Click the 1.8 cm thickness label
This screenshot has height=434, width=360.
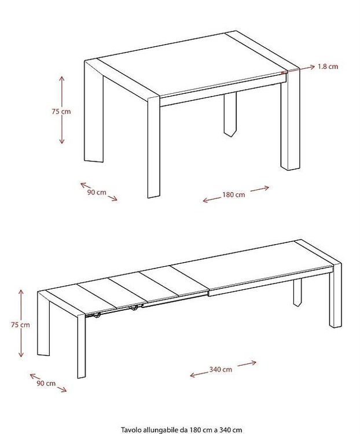coord(328,67)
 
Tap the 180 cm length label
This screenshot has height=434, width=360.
coord(233,194)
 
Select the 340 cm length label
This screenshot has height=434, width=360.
coord(221,369)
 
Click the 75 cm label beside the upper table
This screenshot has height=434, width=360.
coord(61,112)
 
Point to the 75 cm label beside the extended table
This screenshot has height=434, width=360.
coord(20,325)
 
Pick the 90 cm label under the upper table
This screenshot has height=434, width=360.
coord(97,192)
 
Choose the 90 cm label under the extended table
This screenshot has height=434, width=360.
coord(46,383)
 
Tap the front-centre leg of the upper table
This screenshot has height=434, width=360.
coord(154,147)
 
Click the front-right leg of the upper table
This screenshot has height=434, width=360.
coord(290,120)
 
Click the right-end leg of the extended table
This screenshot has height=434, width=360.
coord(335,296)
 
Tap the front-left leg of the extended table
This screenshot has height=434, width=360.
coord(82,346)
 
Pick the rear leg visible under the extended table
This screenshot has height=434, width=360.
coord(297,293)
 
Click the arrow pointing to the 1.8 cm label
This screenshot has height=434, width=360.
coord(298,70)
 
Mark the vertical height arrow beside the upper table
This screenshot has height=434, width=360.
coord(62,110)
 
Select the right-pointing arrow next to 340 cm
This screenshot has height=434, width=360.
coord(247,363)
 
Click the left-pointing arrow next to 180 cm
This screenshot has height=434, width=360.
coord(212,199)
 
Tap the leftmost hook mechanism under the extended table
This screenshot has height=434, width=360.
coord(97,315)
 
